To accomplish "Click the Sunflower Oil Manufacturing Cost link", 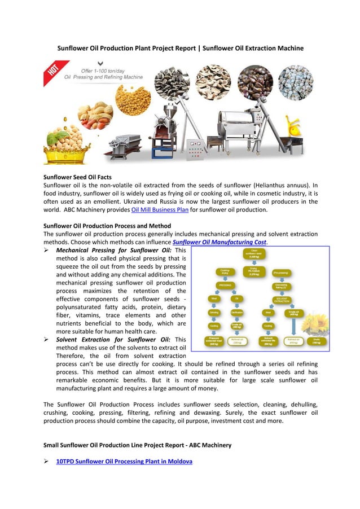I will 219,242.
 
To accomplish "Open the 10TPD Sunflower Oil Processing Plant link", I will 124,461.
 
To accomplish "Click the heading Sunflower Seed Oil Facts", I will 77,177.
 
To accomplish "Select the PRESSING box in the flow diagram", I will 225,285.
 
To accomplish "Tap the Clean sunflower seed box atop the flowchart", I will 255,254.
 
